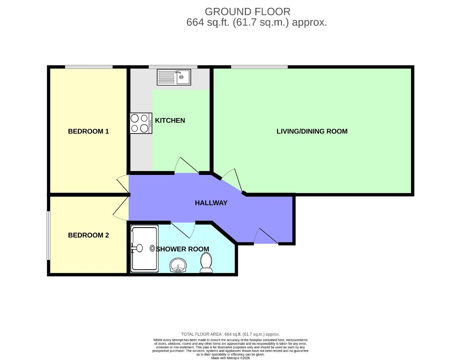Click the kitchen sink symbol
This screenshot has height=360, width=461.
tap(174, 77)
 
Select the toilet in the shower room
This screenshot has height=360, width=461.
tap(206, 263)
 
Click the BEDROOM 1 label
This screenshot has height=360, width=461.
tap(88, 131)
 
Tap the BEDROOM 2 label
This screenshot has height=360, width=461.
tap(88, 235)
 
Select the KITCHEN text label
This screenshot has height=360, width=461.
tap(170, 121)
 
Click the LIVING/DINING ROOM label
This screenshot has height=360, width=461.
tap(312, 131)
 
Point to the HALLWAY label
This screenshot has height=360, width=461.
tap(211, 203)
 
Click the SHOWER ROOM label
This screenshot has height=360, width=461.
tap(183, 249)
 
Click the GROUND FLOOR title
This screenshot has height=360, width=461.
tap(247, 12)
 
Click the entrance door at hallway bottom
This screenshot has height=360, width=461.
tap(266, 237)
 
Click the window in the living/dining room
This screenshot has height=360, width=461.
tap(259, 67)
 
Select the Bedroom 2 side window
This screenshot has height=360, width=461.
tap(48, 235)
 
